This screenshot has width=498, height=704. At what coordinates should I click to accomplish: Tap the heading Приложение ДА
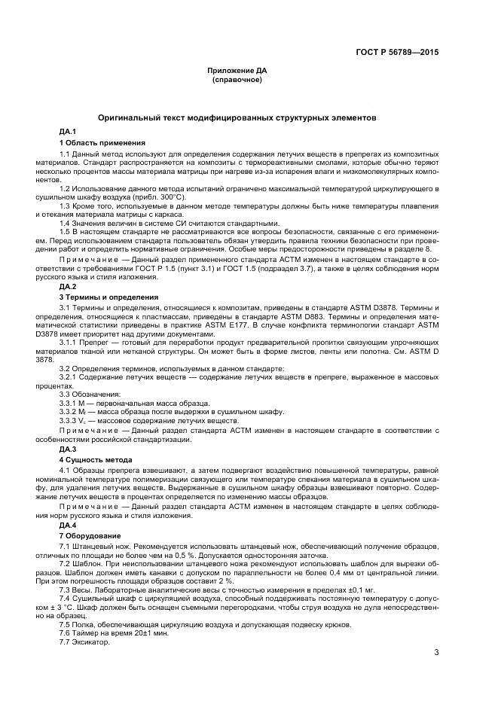237,70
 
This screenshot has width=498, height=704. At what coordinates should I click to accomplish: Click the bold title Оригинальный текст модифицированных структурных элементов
237,117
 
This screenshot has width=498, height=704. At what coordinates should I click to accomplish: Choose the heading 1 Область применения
102,142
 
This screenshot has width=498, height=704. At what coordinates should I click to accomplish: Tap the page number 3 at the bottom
436,652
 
